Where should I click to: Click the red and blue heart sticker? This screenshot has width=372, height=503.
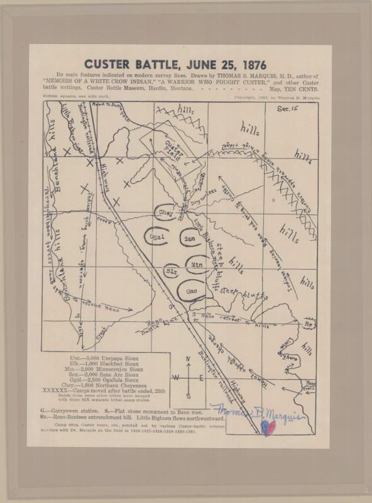[x=268, y=427]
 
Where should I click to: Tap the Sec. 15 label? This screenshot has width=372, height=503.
[x=287, y=109]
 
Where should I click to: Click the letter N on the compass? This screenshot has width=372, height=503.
[x=188, y=360]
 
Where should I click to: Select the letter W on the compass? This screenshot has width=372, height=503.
[x=175, y=378]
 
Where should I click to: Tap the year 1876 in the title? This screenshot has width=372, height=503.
[x=251, y=64]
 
